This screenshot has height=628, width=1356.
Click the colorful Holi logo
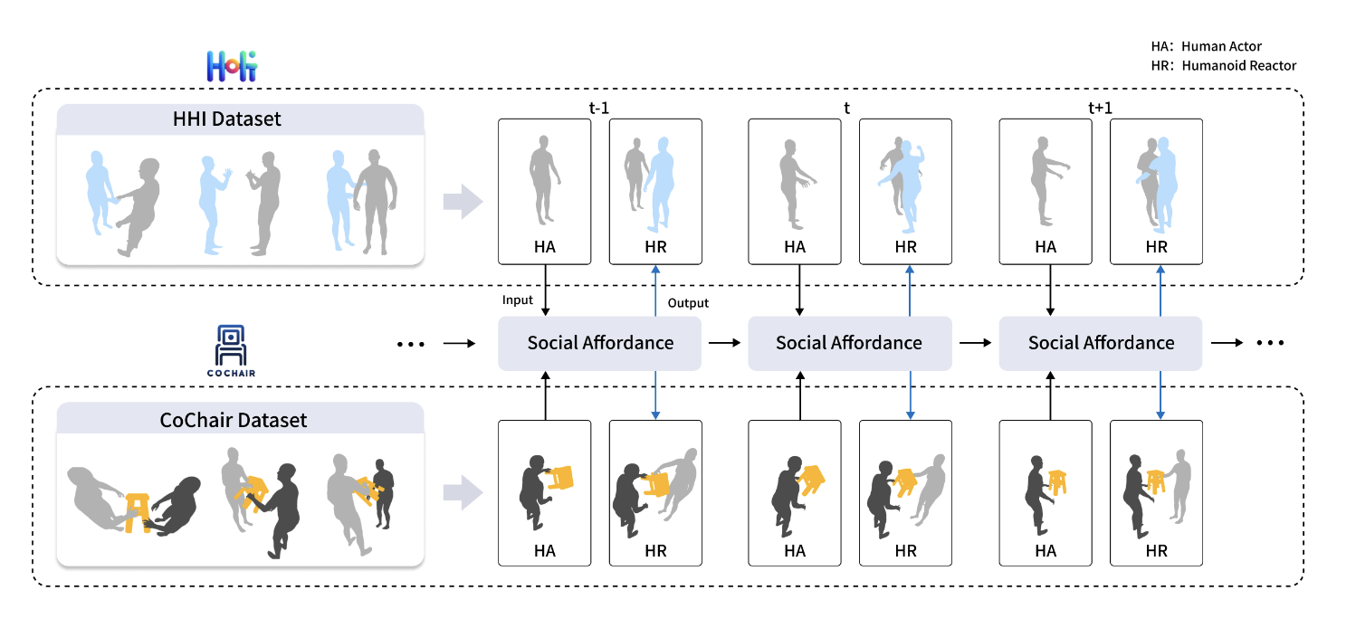tap(232, 66)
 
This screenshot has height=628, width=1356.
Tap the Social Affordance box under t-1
tap(600, 343)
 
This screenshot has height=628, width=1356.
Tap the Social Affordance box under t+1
tap(1100, 343)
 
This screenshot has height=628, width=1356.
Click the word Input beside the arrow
tap(519, 300)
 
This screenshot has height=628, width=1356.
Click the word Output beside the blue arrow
tap(688, 303)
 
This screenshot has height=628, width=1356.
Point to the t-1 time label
tap(599, 109)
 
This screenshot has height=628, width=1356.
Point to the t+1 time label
tap(1100, 109)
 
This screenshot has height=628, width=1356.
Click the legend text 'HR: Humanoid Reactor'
tap(1223, 66)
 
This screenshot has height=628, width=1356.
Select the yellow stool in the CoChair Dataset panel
tap(138, 511)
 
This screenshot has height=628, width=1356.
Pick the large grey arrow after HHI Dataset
tap(462, 201)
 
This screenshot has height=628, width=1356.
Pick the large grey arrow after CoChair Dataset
tap(462, 493)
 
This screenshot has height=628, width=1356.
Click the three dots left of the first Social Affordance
tap(411, 344)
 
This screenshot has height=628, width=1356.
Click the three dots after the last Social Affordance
tap(1270, 344)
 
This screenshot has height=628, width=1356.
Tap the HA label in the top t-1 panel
tap(545, 247)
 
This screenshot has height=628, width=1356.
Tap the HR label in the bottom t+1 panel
tap(1156, 550)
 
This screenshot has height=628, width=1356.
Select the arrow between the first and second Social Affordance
tap(724, 344)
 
